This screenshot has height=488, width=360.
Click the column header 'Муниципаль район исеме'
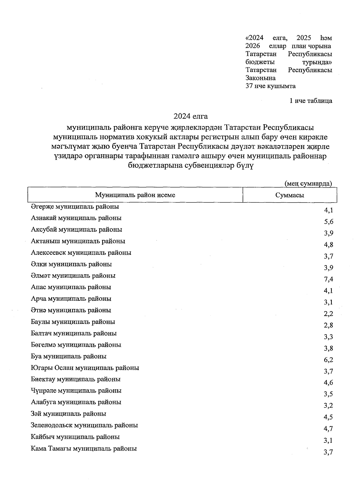pyautogui.click(x=135, y=195)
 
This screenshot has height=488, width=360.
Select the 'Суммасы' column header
pyautogui.click(x=289, y=195)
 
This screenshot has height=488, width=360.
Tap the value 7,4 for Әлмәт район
pyautogui.click(x=328, y=279)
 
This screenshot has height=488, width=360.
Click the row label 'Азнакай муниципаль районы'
pyautogui.click(x=76, y=218)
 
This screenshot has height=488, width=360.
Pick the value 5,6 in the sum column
pyautogui.click(x=328, y=222)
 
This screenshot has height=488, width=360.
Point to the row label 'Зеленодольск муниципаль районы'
pyautogui.click(x=84, y=425)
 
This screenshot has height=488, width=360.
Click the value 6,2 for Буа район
pyautogui.click(x=328, y=360)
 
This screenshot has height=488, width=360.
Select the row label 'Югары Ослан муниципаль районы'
pyautogui.click(x=85, y=368)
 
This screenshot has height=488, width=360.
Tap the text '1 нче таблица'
pyautogui.click(x=310, y=101)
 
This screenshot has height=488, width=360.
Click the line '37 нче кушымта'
pyautogui.click(x=270, y=86)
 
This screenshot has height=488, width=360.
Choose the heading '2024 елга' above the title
pyautogui.click(x=190, y=116)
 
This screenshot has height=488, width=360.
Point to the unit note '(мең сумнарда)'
pyautogui.click(x=308, y=183)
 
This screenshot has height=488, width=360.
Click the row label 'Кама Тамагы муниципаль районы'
pyautogui.click(x=84, y=449)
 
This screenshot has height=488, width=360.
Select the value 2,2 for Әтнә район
pyautogui.click(x=328, y=314)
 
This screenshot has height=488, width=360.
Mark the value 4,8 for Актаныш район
pyautogui.click(x=328, y=245)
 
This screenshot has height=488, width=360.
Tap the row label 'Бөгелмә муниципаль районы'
pyautogui.click(x=76, y=345)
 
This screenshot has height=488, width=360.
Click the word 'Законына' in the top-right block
pyautogui.click(x=260, y=78)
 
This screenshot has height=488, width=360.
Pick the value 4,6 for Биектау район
pyautogui.click(x=328, y=383)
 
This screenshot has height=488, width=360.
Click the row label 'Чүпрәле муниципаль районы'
pyautogui.click(x=76, y=391)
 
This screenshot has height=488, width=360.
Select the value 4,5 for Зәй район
pyautogui.click(x=328, y=417)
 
